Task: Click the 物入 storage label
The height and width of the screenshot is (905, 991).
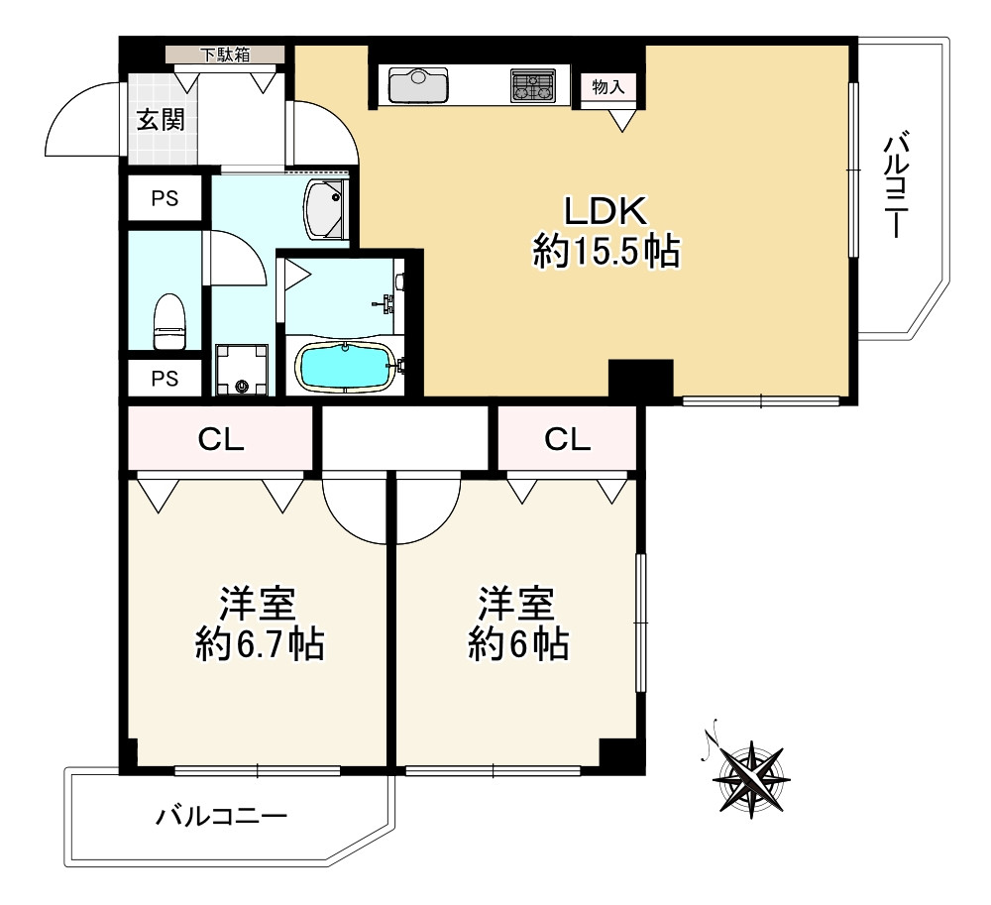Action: point(608,86)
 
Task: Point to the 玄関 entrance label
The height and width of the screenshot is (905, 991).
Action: point(160,120)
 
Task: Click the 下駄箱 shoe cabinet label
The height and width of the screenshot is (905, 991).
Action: point(226,55)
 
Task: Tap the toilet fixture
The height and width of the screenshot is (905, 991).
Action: point(170,320)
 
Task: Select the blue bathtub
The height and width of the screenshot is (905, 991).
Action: point(343,367)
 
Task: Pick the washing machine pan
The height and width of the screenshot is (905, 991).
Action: point(242,368)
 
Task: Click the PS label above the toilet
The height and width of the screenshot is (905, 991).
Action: point(165,198)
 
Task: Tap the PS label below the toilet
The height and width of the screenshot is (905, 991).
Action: point(165,378)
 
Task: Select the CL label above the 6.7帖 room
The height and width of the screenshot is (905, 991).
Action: point(221,440)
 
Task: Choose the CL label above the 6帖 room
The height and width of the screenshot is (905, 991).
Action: point(568,440)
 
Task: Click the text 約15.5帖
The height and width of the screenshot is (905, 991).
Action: point(606,252)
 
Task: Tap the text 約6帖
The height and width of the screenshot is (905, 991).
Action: point(517,645)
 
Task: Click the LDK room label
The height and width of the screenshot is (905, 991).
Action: point(606,211)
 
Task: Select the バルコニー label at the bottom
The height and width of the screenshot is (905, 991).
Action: point(221,817)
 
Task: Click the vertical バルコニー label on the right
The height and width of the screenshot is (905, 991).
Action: point(895,186)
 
